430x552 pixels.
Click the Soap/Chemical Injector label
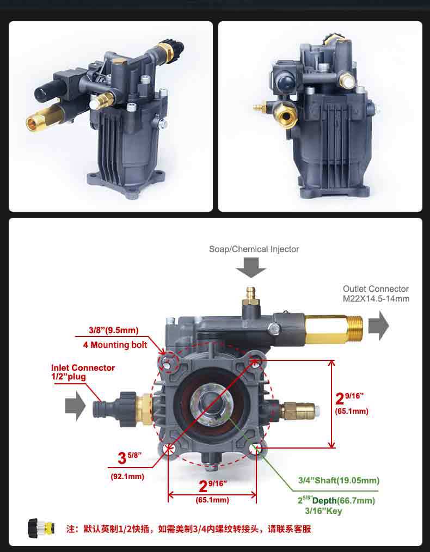point(254,249)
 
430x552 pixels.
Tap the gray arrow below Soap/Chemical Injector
point(251,267)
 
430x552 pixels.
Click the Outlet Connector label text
point(376,293)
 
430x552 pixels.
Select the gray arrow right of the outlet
point(379,326)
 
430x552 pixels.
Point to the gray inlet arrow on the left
point(75,406)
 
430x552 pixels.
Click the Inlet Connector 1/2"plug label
point(83,372)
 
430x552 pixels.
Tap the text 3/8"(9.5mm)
point(113,330)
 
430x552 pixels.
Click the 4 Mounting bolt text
point(115,345)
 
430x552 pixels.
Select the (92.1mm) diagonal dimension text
point(127,477)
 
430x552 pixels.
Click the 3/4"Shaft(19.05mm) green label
point(339,481)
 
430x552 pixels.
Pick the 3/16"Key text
point(323,511)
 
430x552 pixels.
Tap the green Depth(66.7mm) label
point(343,501)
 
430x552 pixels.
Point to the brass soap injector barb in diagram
point(251,295)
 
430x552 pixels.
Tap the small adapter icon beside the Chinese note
point(41,528)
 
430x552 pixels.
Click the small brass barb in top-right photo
point(260,106)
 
